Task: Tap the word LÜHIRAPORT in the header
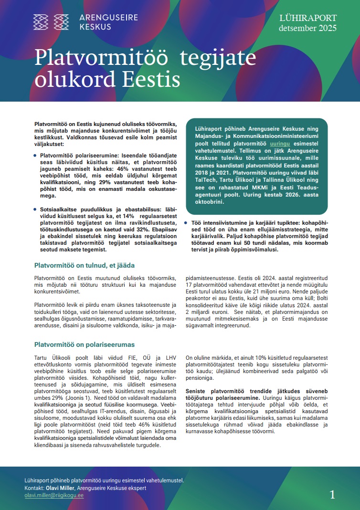308,18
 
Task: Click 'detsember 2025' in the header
308,29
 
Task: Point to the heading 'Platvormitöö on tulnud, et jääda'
84,265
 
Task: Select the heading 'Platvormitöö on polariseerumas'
85,344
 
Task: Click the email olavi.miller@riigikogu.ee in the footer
54,496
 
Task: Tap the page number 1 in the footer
332,495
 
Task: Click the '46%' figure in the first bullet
107,169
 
